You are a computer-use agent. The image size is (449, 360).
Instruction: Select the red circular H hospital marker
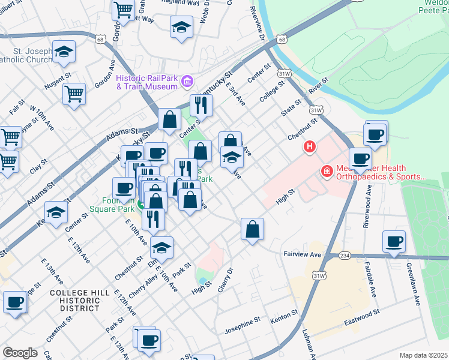[310, 146]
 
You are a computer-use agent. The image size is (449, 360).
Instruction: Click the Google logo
[20, 353]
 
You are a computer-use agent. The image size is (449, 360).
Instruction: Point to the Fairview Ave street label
[303, 254]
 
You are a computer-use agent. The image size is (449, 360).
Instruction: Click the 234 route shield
[345, 255]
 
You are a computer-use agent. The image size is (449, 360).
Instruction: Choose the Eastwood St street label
[362, 318]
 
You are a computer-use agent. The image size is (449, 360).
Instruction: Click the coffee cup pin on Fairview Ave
[394, 242]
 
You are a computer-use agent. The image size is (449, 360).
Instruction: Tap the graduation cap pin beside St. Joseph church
[63, 52]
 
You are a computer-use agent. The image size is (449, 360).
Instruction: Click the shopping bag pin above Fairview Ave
[253, 229]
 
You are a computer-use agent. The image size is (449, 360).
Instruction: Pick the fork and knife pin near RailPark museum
[202, 106]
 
